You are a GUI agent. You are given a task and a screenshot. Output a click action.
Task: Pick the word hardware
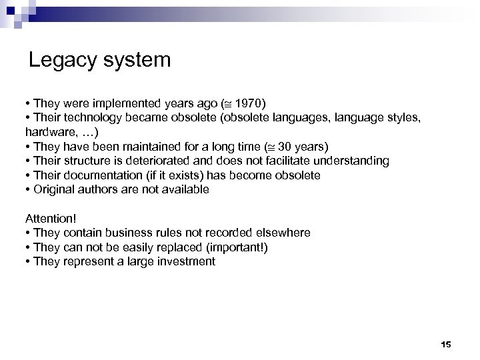tap(47, 132)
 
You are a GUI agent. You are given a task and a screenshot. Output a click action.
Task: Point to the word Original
tap(51, 189)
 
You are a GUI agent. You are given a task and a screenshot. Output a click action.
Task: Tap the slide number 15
tap(446, 344)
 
